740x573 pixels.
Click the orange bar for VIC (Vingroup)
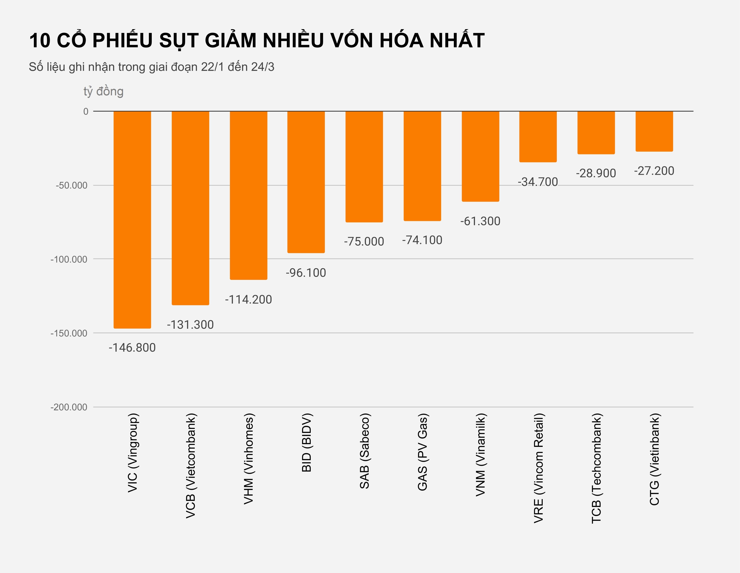pyautogui.click(x=132, y=220)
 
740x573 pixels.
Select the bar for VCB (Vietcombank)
pyautogui.click(x=190, y=208)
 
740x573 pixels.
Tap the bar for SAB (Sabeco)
pyautogui.click(x=364, y=167)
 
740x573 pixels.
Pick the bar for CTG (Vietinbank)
pyautogui.click(x=654, y=131)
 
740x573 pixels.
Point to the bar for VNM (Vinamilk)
pyautogui.click(x=480, y=156)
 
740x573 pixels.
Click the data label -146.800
pyautogui.click(x=132, y=348)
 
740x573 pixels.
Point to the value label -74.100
pyautogui.click(x=422, y=240)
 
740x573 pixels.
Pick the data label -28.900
pyautogui.click(x=596, y=173)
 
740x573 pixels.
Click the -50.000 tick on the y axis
pyautogui.click(x=72, y=185)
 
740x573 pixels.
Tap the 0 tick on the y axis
pyautogui.click(x=86, y=111)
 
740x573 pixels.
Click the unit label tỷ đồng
pyautogui.click(x=103, y=91)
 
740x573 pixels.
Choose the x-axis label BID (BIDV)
pyautogui.click(x=306, y=443)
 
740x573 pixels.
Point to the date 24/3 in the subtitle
pyautogui.click(x=263, y=67)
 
